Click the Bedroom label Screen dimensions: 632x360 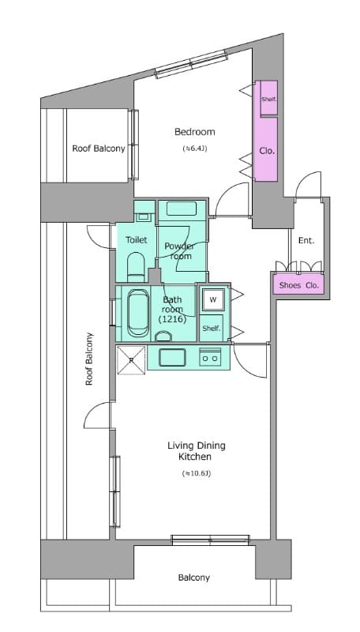coord(194,132)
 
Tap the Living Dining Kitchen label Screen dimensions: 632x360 coord(196,451)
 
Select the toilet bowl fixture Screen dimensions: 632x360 coord(136,265)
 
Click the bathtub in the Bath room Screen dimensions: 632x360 coord(139,313)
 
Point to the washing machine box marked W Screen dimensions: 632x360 coord(212,300)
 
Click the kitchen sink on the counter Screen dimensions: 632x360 coord(172,357)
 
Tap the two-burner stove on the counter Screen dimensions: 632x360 coord(211,357)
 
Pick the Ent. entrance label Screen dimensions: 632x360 coord(306,240)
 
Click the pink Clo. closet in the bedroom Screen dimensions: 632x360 coord(267,149)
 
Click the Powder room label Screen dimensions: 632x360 coord(180,251)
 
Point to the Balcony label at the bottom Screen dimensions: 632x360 coord(193,577)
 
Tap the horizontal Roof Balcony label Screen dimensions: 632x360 coord(99,149)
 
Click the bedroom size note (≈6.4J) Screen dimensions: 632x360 coord(193,148)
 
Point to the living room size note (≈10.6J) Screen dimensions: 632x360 coord(196,474)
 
